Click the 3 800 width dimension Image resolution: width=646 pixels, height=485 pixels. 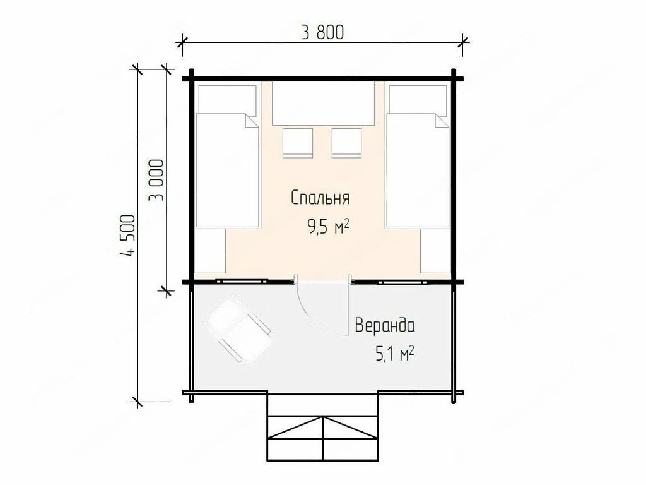pos(322,32)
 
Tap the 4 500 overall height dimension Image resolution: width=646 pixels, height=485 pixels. pos(128,236)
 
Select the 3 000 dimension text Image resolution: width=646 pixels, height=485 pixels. pos(156,180)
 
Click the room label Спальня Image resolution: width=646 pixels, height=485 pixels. pos(320,198)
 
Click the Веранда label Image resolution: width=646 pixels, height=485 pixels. pos(385,325)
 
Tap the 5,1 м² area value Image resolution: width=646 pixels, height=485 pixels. pos(394,354)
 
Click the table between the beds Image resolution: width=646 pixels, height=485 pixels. pos(323,103)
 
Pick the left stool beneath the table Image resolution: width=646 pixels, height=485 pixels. pos(298,143)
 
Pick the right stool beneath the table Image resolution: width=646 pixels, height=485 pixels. pos(346,143)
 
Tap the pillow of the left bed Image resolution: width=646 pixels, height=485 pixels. pos(227,100)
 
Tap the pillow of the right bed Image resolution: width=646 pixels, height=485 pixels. pos(418,100)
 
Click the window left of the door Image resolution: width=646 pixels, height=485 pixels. pos(242,282)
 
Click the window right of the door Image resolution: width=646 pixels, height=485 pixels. pos(402,282)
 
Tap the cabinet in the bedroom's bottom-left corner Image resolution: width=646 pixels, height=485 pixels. pos(210,251)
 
